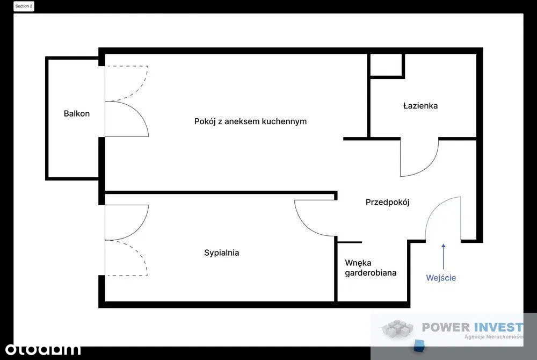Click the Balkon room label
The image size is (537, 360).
[x=77, y=113]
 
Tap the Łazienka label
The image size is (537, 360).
[x=420, y=105]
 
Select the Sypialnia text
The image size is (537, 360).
[x=222, y=253]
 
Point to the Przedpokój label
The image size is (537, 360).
[x=387, y=202]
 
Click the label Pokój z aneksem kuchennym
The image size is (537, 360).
[x=250, y=121]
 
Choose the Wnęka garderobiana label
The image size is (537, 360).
[x=371, y=268]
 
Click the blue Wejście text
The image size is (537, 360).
[x=441, y=277]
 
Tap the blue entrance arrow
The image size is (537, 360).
[x=444, y=256]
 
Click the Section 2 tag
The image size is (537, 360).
[x=24, y=6]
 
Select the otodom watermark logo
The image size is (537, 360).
[x=43, y=349]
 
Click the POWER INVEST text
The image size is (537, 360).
[x=473, y=327]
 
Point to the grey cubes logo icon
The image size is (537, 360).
[x=397, y=328]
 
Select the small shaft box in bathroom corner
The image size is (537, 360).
[x=386, y=65]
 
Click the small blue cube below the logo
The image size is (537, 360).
[x=419, y=345]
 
